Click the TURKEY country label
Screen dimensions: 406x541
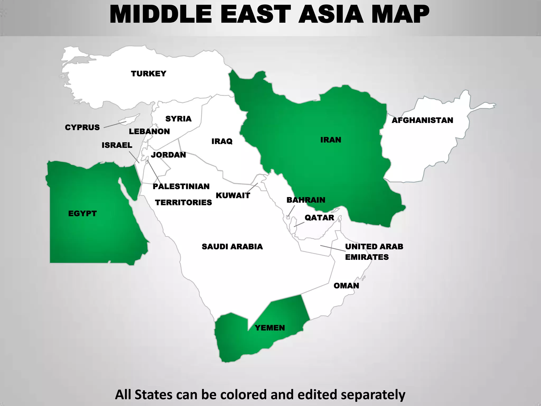[x=148, y=73]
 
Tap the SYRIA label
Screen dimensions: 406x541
[x=178, y=119]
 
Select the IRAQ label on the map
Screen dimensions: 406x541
[x=222, y=141]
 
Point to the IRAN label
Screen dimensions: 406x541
[x=331, y=140]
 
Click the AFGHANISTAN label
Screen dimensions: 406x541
[x=422, y=120]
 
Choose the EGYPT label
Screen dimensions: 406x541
[x=82, y=213]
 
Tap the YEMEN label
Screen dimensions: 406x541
[x=270, y=328]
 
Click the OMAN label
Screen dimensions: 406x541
[x=346, y=286]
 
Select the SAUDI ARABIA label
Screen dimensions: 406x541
[x=232, y=247]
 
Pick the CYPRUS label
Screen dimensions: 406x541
[x=82, y=127]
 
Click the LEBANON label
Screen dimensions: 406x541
[x=149, y=131]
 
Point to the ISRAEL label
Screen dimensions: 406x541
[x=117, y=145]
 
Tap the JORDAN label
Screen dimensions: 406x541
[x=168, y=155]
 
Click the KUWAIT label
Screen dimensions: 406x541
[x=233, y=196]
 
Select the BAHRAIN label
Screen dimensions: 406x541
[x=306, y=200]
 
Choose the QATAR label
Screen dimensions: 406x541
[x=319, y=218]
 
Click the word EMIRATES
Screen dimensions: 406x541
[x=367, y=257]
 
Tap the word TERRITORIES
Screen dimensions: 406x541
[x=183, y=202]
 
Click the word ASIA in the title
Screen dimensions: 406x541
[x=331, y=15]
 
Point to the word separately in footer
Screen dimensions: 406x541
[x=373, y=395]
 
